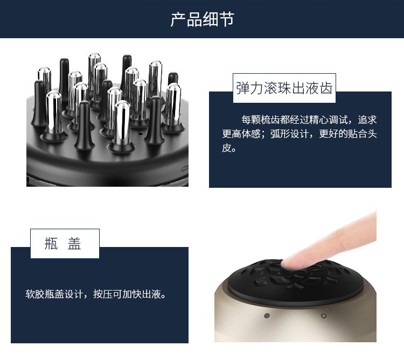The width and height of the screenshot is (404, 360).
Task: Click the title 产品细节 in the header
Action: (x=202, y=19)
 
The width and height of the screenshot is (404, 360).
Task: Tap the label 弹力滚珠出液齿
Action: (x=284, y=88)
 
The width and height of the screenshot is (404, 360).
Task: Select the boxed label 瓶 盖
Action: (x=63, y=243)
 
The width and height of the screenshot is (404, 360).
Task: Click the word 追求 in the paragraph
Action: (x=367, y=119)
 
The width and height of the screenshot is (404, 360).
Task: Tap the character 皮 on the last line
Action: (x=227, y=147)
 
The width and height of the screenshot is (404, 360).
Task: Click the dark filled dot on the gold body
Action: (x=267, y=315)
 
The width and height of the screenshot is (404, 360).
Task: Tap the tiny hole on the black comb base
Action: (x=140, y=134)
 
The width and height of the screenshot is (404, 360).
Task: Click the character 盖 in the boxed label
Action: (x=74, y=243)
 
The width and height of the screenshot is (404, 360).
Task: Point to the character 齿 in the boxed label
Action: (x=326, y=88)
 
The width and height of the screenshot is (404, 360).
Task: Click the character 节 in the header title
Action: (x=226, y=19)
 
